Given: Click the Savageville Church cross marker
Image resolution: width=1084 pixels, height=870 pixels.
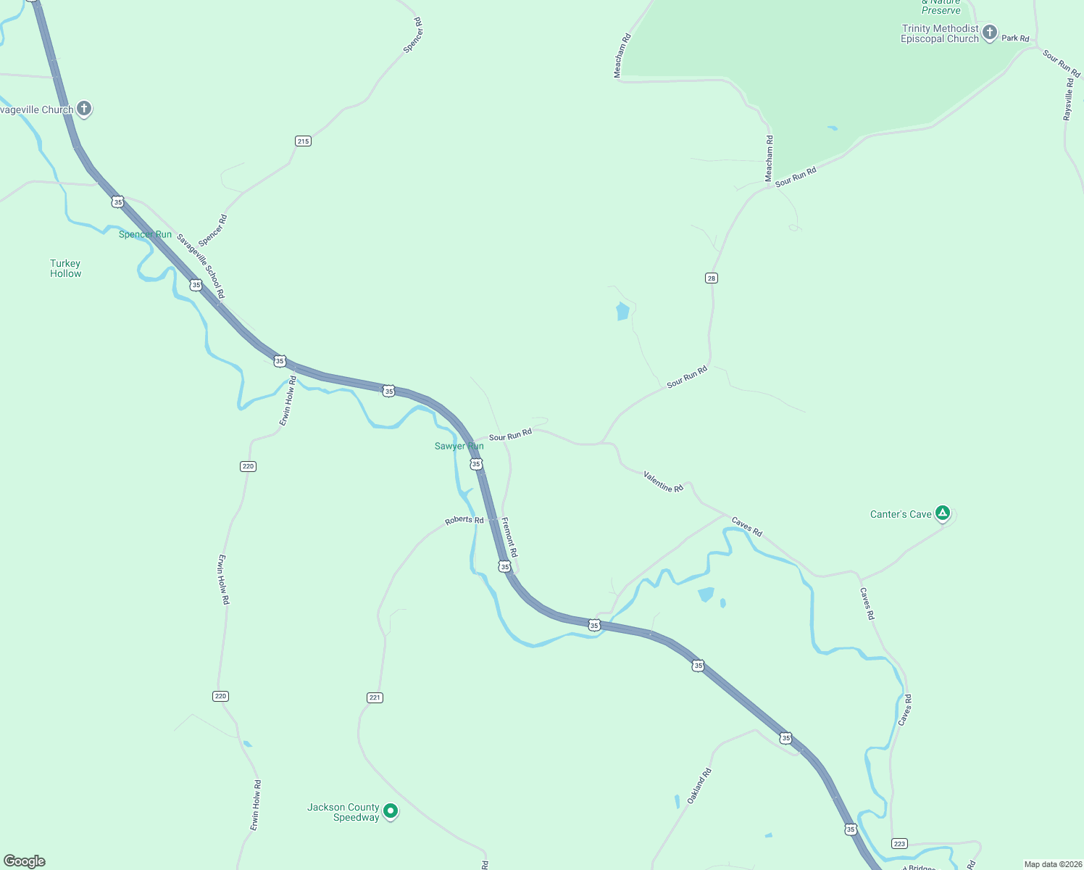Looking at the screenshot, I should [84, 109].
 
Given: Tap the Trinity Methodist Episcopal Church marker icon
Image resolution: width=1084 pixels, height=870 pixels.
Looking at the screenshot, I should [990, 33].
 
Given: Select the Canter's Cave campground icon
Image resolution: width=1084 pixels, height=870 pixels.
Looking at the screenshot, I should [942, 513].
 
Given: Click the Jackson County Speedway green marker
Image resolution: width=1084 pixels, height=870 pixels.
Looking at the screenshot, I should [391, 811].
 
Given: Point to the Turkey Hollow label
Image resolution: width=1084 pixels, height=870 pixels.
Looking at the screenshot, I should [66, 269].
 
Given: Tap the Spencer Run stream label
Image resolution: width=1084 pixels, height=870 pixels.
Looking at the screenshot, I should [145, 234].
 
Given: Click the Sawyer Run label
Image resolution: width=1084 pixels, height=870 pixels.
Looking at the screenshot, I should [459, 446].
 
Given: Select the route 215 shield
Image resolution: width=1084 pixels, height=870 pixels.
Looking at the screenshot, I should [304, 141].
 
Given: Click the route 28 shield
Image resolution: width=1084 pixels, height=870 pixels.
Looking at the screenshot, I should [712, 278].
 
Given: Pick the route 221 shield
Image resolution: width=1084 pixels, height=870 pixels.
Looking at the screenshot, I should [375, 697].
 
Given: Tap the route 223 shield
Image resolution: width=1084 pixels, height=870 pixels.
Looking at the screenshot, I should [899, 843].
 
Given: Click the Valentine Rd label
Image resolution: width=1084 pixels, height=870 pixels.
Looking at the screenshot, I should [664, 482].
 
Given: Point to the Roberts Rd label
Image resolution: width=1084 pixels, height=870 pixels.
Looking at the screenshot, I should [464, 520].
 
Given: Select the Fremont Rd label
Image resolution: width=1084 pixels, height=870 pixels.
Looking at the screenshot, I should [509, 537].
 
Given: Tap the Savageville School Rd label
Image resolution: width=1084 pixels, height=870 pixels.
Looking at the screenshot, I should [201, 266].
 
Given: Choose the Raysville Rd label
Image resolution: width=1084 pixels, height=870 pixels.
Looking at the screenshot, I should [1068, 100].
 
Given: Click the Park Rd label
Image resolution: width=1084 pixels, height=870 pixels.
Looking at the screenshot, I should [1015, 38].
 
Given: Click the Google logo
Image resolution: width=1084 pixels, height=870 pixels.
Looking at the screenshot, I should [25, 861].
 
